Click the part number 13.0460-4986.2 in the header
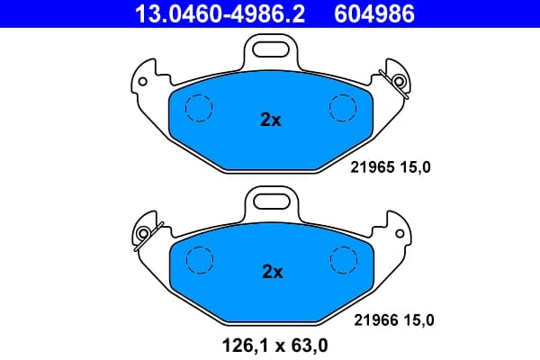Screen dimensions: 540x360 click(x=220, y=13)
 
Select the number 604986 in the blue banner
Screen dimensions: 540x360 click(x=374, y=13)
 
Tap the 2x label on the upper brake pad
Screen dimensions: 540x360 click(x=270, y=120)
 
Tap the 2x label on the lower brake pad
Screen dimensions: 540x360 click(x=273, y=272)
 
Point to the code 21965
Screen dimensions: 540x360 click(x=373, y=167)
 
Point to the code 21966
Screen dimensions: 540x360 click(x=376, y=320)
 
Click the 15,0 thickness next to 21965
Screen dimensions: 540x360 click(x=415, y=167)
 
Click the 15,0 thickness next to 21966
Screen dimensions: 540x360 click(x=418, y=320)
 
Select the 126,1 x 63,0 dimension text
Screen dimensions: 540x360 click(x=274, y=346)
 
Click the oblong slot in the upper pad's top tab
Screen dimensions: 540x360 click(x=270, y=49)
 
